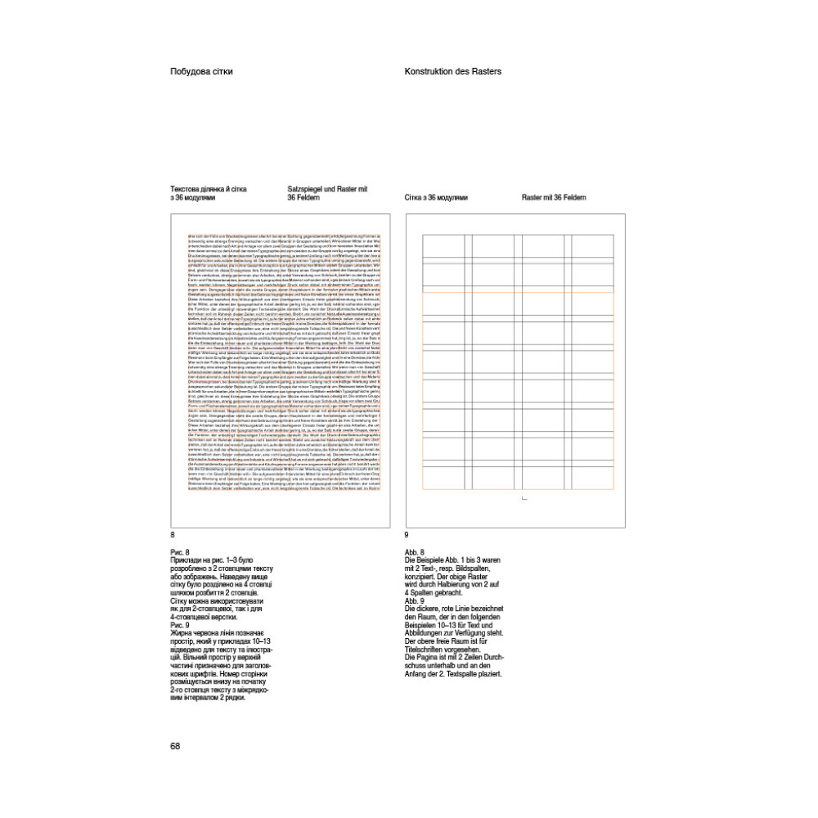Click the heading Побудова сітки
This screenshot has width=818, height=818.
pyautogui.click(x=201, y=71)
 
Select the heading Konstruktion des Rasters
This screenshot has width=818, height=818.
pyautogui.click(x=452, y=71)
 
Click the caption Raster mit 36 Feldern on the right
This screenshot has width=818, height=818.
pyautogui.click(x=554, y=198)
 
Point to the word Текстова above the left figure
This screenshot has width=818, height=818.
pyautogui.click(x=187, y=189)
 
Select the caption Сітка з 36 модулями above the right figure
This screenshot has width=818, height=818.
pyautogui.click(x=436, y=198)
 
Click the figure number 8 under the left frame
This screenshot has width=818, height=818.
pyautogui.click(x=173, y=534)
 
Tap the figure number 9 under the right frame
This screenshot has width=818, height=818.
pyautogui.click(x=407, y=534)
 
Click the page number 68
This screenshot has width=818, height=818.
pyautogui.click(x=175, y=745)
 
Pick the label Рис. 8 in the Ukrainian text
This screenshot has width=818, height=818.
pyautogui.click(x=180, y=552)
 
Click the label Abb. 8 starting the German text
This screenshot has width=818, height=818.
pyautogui.click(x=415, y=552)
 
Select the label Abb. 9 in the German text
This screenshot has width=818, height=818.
pyautogui.click(x=415, y=601)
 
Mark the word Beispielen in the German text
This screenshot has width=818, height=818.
pyautogui.click(x=423, y=626)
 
